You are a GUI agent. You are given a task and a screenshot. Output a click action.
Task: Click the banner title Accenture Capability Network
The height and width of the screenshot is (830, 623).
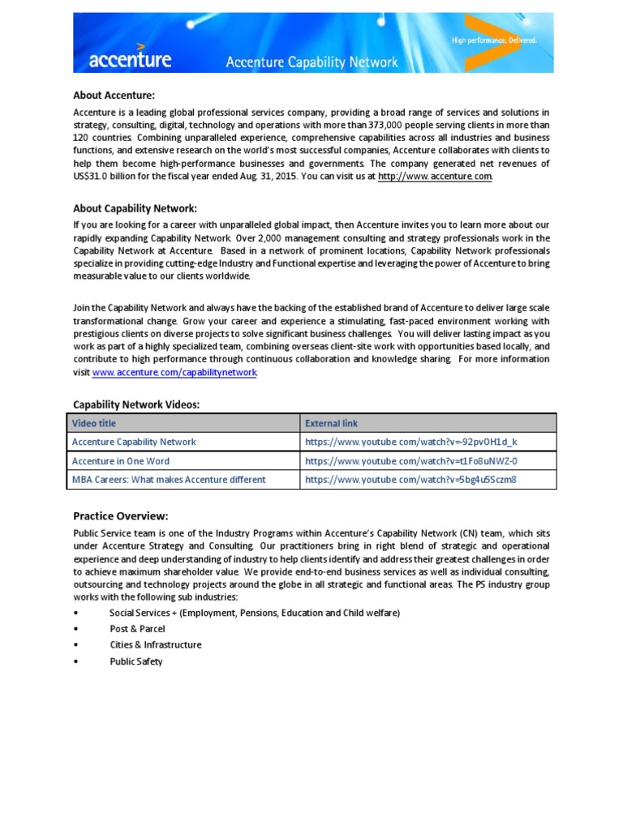tap(311, 62)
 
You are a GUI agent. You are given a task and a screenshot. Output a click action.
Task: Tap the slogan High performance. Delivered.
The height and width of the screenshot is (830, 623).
tap(493, 40)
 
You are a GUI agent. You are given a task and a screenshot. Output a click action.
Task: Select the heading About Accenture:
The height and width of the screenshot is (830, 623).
tap(114, 96)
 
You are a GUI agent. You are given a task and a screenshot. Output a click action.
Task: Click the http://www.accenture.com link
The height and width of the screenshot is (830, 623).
tap(434, 176)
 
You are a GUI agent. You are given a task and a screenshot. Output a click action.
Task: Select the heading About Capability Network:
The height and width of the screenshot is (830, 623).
tap(135, 208)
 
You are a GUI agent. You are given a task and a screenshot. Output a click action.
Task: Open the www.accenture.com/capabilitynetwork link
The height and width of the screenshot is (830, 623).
tap(174, 372)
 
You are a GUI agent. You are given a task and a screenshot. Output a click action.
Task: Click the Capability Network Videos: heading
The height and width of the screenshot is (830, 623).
tap(136, 404)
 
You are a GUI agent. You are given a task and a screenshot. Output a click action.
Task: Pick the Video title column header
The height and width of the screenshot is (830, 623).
tap(95, 423)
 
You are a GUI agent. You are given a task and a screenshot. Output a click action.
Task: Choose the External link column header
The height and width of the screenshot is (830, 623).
tap(331, 423)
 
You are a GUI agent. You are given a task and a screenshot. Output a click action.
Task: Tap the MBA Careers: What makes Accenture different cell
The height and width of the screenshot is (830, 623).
tap(169, 479)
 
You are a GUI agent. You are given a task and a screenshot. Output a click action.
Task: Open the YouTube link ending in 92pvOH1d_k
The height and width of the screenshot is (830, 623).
tap(410, 442)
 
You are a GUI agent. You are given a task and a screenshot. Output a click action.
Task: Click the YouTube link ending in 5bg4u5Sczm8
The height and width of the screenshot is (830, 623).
tap(410, 479)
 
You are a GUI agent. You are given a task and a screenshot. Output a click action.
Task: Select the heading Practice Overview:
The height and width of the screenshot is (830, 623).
tap(121, 516)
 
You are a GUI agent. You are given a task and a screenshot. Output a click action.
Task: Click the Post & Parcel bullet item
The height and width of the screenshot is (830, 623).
tap(137, 629)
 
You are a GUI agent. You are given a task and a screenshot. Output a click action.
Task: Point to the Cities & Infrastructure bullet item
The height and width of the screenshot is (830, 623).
tap(156, 645)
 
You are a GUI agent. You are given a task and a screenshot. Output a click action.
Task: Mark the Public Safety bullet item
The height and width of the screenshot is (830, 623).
tap(136, 661)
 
